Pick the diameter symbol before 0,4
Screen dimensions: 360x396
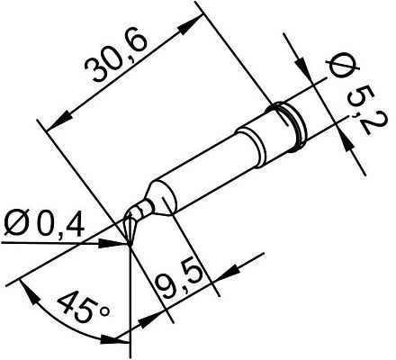tap(19, 221)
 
